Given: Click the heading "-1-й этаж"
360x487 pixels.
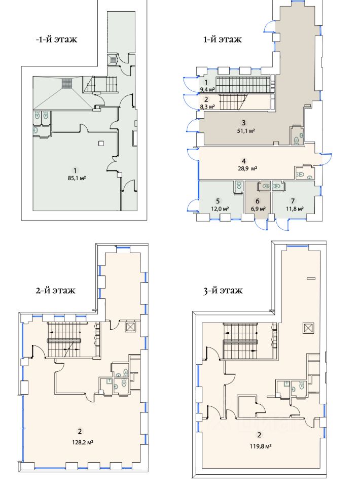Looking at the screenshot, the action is [x=56, y=40].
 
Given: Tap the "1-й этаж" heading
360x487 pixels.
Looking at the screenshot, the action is [x=222, y=40].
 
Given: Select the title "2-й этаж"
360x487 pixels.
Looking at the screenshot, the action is [x=55, y=290].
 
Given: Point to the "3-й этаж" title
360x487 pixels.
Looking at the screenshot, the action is [x=223, y=290].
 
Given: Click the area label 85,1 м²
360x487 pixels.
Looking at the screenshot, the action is [x=76, y=178].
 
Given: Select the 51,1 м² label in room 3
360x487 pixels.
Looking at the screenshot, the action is [x=246, y=131].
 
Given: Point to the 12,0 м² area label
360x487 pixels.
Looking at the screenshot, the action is [x=220, y=208].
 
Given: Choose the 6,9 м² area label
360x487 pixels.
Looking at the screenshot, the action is [x=258, y=208].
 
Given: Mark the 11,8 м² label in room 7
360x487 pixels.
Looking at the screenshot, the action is [x=294, y=208].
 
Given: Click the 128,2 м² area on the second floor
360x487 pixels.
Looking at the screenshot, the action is [x=82, y=441].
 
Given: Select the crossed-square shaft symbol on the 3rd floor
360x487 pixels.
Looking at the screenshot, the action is [x=308, y=328].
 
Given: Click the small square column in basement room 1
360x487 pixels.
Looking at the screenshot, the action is [x=100, y=143].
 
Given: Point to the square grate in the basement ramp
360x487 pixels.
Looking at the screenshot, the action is [x=66, y=83].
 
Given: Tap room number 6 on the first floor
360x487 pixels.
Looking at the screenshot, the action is [x=258, y=201].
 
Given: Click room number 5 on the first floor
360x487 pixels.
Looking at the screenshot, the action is [x=218, y=201].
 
